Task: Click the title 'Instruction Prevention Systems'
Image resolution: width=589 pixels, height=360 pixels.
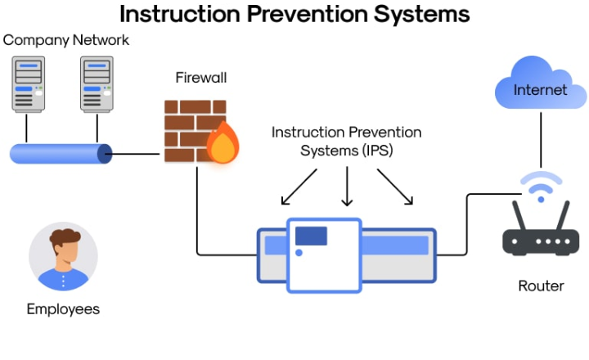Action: pos(294,14)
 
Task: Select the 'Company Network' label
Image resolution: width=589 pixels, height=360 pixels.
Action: pos(65,40)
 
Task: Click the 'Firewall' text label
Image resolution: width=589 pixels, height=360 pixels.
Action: pos(201,78)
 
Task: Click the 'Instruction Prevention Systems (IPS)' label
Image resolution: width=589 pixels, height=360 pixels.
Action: pos(346,141)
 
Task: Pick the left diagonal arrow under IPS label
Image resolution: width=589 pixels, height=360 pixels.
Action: pos(298,187)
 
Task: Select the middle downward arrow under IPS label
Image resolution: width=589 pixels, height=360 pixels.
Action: pos(347,187)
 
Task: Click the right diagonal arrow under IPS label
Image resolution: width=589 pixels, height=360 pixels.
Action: pos(395,187)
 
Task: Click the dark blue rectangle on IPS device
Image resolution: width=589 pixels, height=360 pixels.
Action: pos(311,236)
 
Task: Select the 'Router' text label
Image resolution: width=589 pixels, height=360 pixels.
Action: pos(541,286)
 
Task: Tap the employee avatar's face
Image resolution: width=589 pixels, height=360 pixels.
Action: pos(63,248)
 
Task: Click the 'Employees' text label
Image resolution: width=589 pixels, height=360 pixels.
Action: pos(63,309)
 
